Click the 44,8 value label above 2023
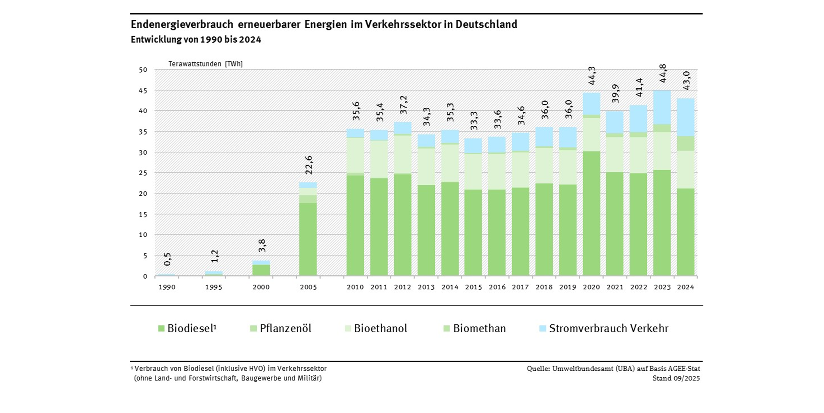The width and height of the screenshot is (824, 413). tap(662, 73)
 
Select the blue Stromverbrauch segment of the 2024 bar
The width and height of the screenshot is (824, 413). tap(686, 117)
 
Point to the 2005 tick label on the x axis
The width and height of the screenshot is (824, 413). tap(308, 287)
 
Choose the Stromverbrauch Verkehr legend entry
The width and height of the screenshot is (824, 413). tap(604, 328)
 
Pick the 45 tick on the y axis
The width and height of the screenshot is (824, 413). tap(143, 91)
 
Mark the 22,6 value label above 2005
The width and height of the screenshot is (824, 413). tap(309, 165)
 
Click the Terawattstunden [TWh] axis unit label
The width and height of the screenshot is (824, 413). tap(205, 64)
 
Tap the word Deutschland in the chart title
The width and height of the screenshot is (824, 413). tap(486, 24)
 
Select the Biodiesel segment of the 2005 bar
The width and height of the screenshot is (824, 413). tap(308, 239)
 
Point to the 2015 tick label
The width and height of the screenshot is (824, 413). tap(473, 287)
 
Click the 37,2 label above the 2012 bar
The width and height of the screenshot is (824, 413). tap(403, 105)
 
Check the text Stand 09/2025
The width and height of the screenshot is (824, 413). tap(676, 378)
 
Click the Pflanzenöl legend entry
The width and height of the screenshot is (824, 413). tap(281, 328)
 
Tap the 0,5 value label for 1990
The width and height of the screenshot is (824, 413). tap(167, 259)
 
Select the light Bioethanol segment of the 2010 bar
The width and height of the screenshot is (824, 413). tap(355, 155)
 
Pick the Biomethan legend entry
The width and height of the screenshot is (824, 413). tap(475, 328)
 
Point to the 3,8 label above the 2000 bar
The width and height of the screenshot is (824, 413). tap(262, 245)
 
